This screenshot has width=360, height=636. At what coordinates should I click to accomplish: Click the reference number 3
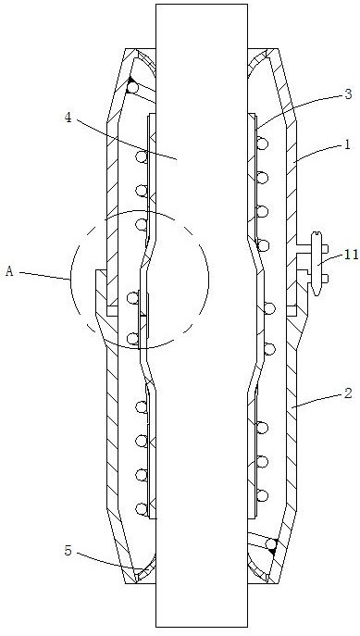(348, 94)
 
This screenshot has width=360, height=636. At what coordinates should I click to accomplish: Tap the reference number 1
(347, 144)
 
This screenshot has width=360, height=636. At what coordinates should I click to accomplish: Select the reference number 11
(352, 255)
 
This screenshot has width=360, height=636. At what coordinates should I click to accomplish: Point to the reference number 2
(348, 393)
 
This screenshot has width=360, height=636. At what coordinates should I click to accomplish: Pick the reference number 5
(68, 551)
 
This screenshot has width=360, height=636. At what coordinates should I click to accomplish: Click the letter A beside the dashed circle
(9, 271)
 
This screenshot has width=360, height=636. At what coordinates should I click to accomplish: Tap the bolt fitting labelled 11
(317, 263)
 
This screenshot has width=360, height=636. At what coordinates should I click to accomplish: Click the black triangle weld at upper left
(129, 81)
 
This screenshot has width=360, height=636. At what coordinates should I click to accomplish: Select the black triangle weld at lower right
(274, 547)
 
